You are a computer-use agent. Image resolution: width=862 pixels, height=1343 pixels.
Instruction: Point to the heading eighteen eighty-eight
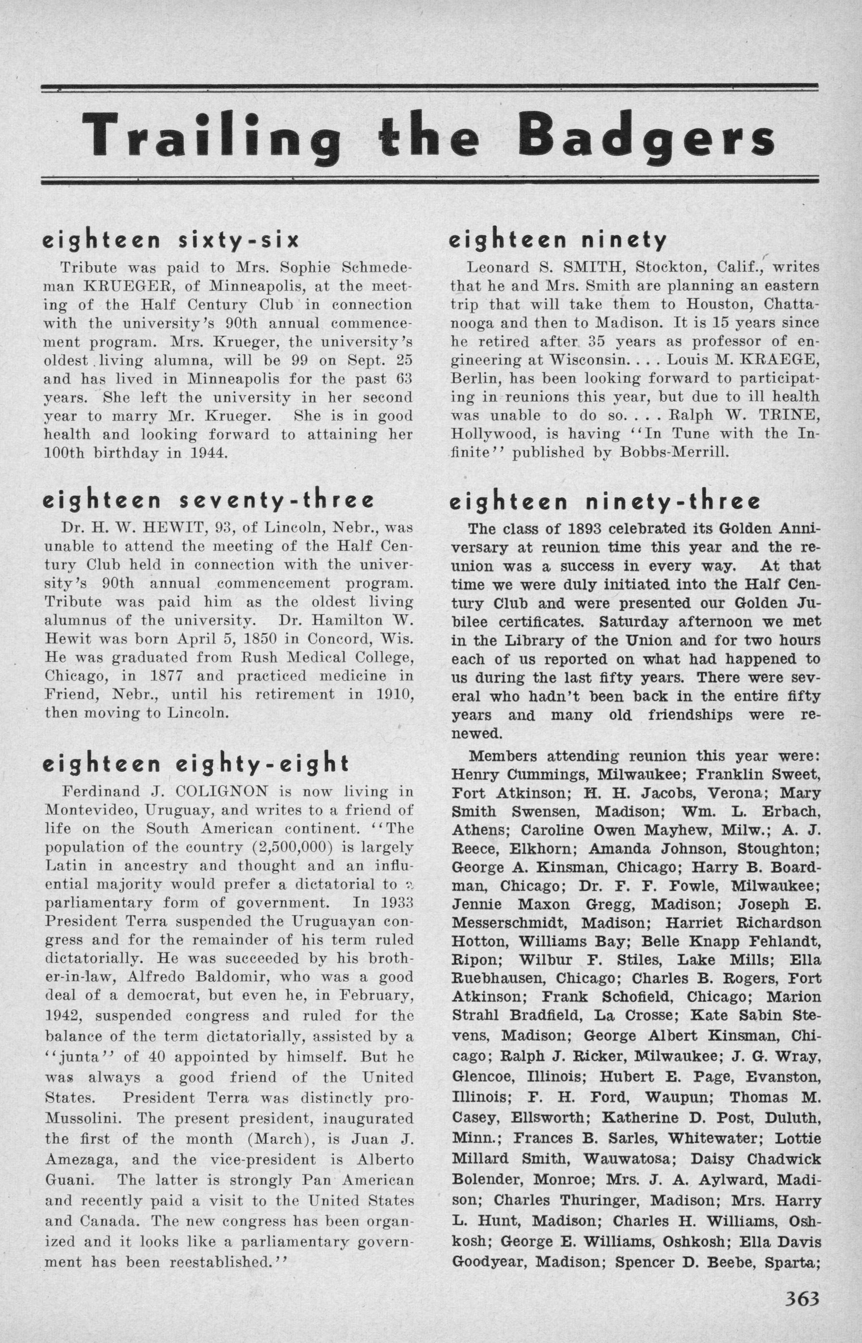[x=196, y=764]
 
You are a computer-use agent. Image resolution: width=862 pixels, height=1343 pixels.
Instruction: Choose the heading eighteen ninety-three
[x=605, y=502]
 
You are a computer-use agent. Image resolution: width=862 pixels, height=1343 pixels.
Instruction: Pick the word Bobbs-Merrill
[x=673, y=452]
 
